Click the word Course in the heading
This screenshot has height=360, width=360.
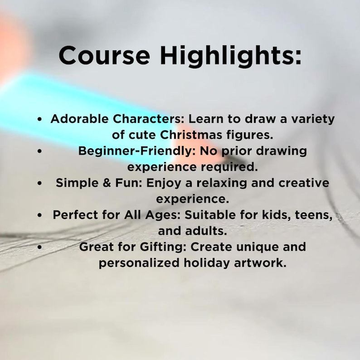pos(104,56)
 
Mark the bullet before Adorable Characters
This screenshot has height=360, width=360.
pos(40,120)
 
